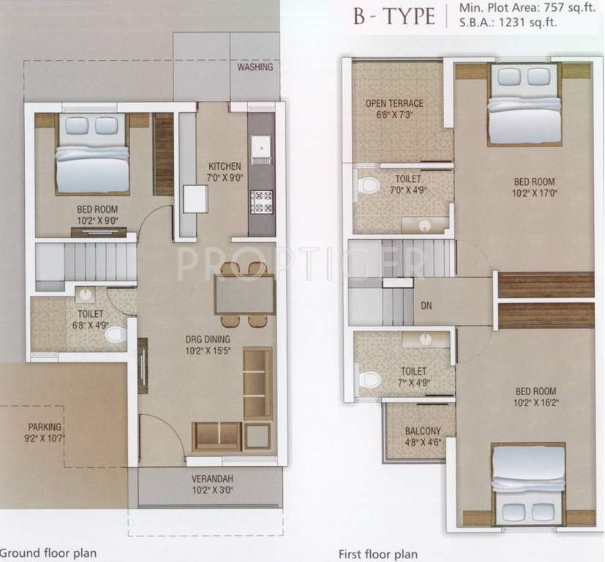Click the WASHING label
pos(255,67)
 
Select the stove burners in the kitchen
pos(261,200)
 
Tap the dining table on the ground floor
pos(244,295)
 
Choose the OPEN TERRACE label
pos(394,104)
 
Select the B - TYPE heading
pos(393,17)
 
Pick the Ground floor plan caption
pos(48,552)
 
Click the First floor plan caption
pos(377,553)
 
